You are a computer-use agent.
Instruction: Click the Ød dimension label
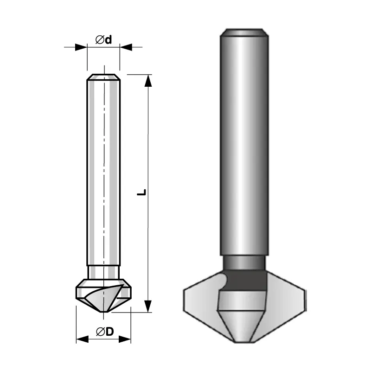tap(103, 40)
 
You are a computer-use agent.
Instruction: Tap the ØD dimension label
tap(105, 332)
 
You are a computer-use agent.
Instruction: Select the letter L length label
tap(141, 192)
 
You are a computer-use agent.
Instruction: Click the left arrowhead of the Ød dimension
tap(81, 47)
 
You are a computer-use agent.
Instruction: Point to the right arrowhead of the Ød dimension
tap(126, 47)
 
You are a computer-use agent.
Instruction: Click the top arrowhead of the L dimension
tap(148, 80)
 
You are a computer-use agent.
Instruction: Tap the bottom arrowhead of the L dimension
tap(148, 306)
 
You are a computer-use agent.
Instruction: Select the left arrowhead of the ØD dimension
tap(83, 339)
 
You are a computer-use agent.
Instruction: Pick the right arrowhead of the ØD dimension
tap(125, 339)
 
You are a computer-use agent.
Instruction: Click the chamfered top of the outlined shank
tap(103, 77)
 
